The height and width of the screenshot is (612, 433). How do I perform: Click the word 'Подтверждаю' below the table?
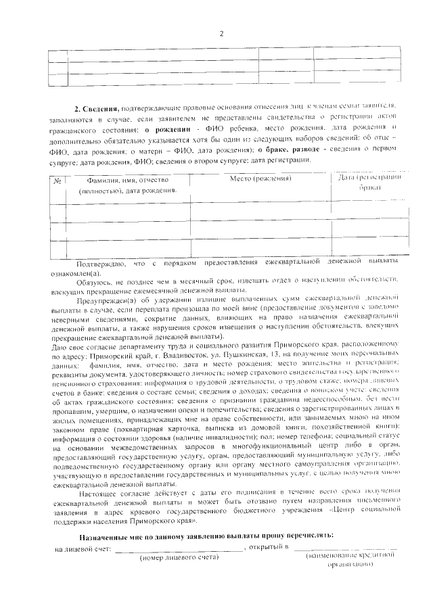101,261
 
